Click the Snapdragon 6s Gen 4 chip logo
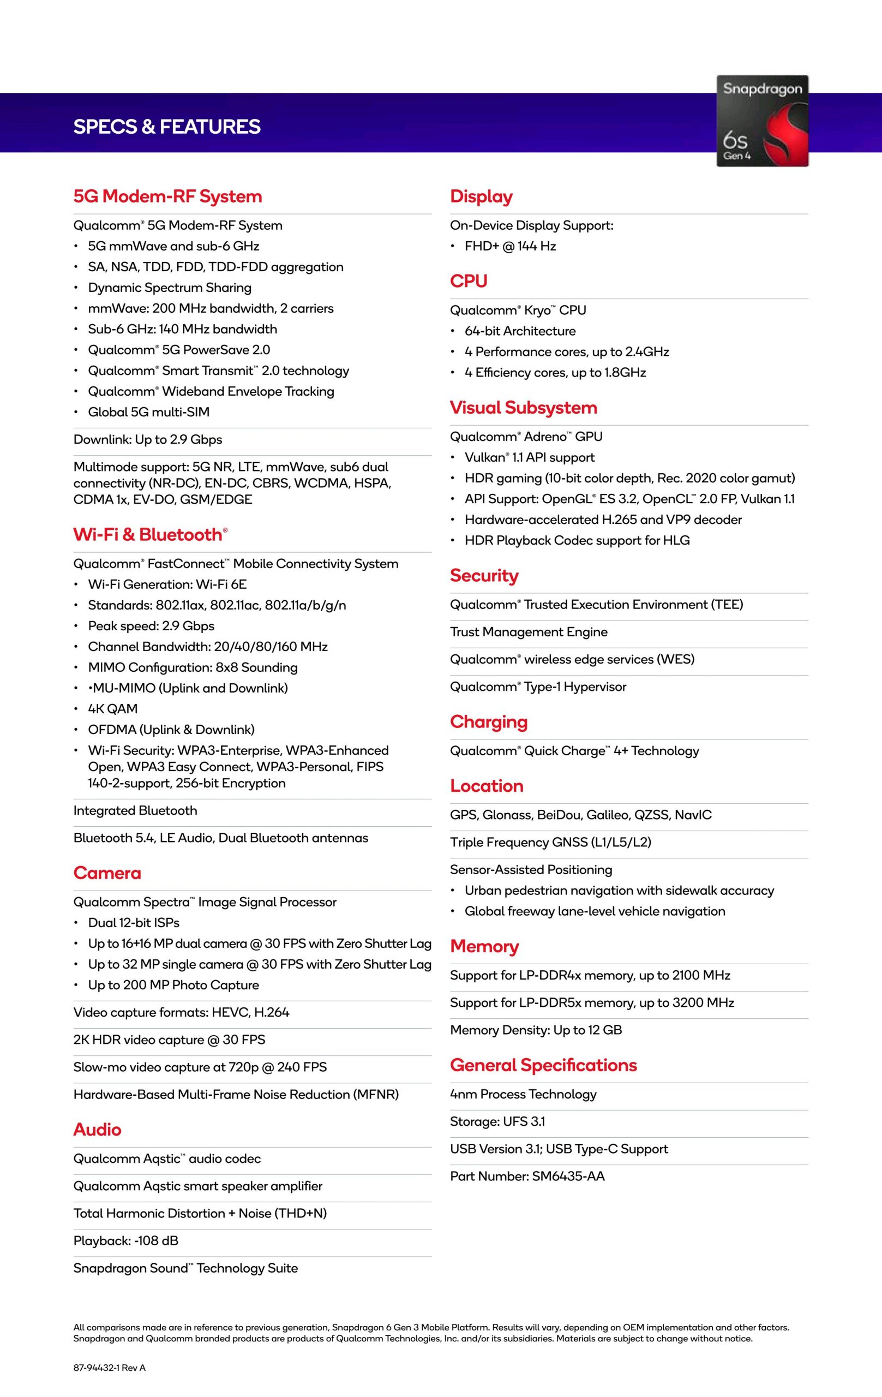pos(762,121)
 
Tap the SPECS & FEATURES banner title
pos(167,127)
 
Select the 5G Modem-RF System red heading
pos(167,196)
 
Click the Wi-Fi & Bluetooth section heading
pos(150,534)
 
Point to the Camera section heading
pos(107,873)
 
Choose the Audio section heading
pos(98,1129)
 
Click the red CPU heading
pos(469,281)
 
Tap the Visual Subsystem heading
pos(523,407)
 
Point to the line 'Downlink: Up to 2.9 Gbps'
pos(148,439)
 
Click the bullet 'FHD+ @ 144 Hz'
pos(509,246)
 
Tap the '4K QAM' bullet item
pos(112,708)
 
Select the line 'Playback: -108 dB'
pos(126,1240)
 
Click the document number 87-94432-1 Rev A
pos(110,1368)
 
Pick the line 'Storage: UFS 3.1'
pos(497,1121)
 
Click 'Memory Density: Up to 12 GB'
pos(536,1030)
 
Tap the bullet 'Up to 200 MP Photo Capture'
pos(173,984)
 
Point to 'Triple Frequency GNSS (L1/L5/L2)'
pos(550,842)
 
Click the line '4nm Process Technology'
pos(523,1094)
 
